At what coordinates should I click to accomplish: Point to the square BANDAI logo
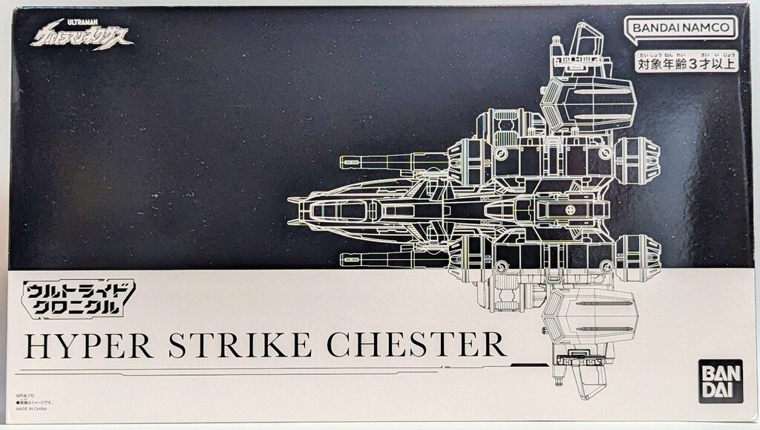pos(717,377)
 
